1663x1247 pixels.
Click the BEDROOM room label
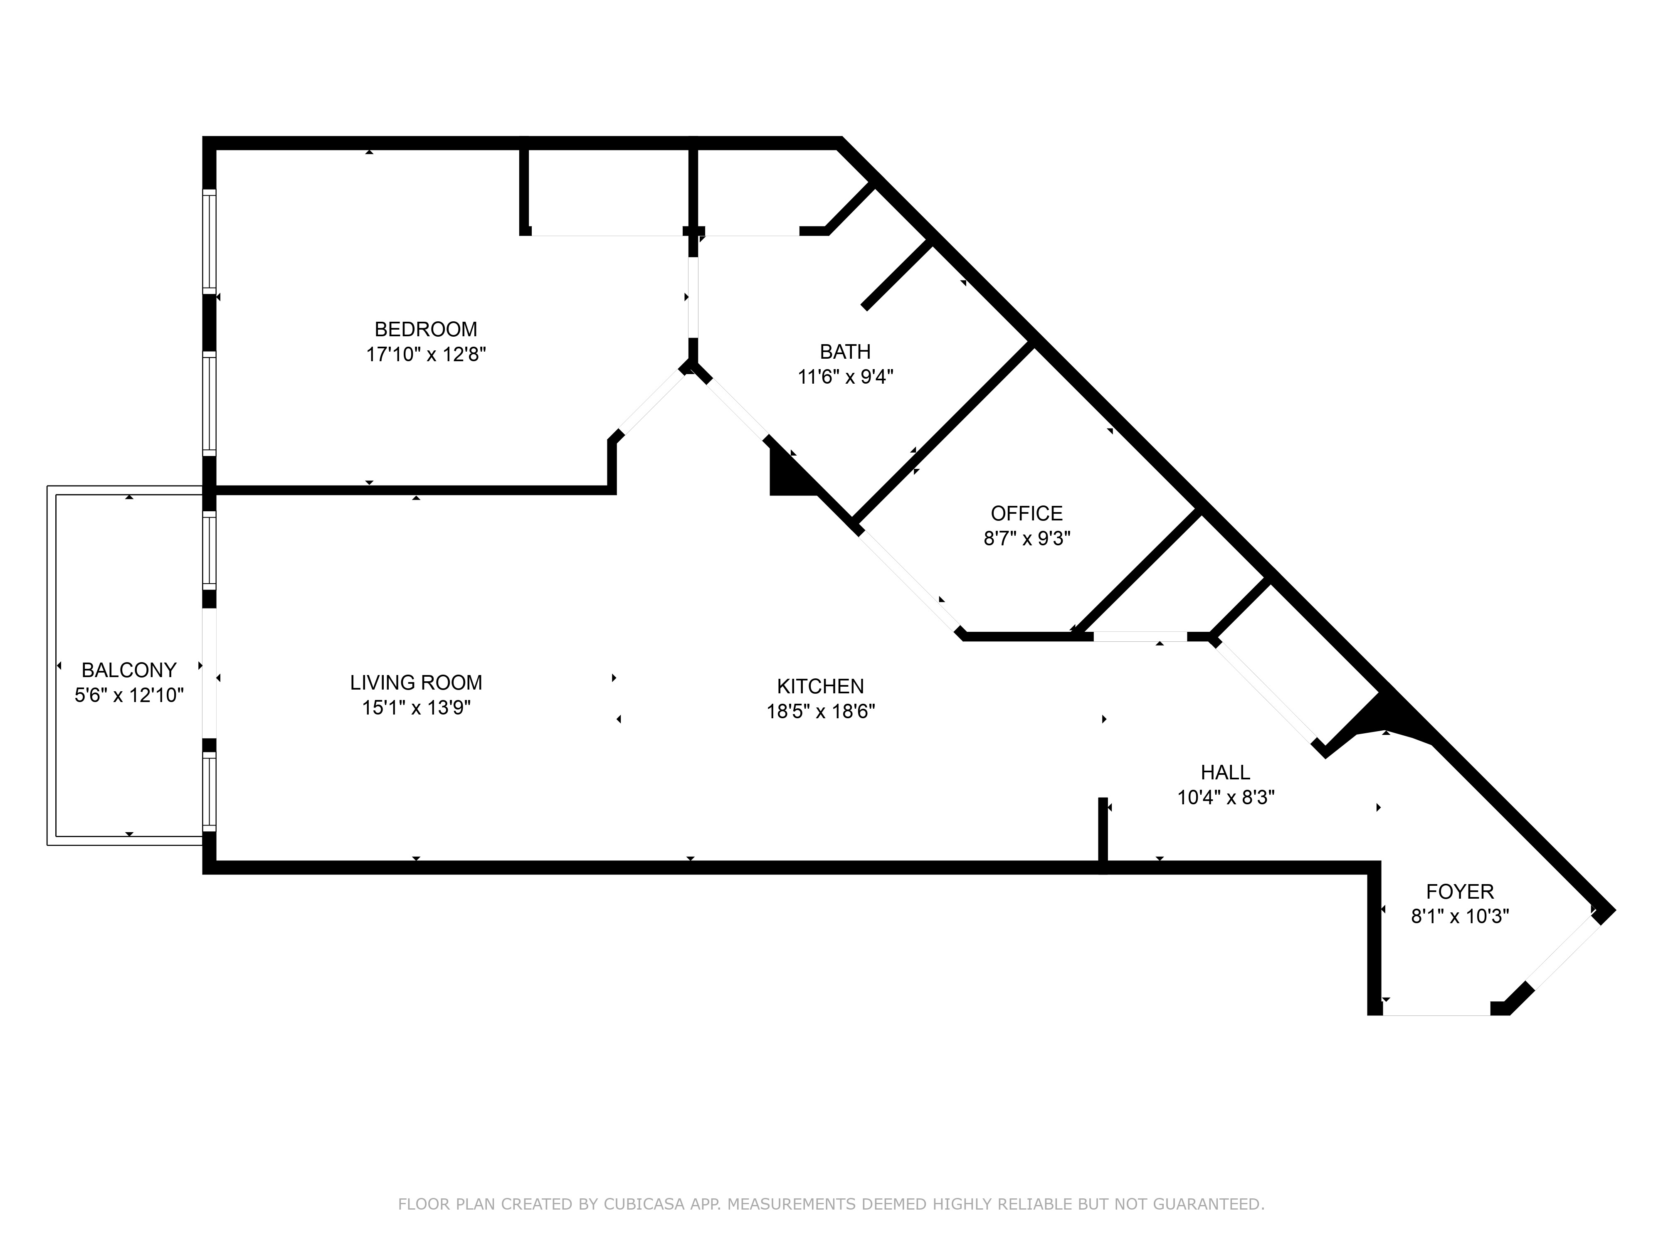(426, 329)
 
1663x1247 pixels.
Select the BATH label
(845, 352)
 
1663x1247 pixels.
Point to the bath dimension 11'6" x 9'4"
(845, 377)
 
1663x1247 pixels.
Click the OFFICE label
(1026, 513)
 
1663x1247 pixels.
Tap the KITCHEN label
(820, 686)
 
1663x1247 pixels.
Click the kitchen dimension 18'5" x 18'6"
(820, 711)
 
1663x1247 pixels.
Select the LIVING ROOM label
(416, 683)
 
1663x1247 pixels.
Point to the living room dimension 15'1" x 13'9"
(416, 707)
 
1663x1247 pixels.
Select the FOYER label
(1460, 892)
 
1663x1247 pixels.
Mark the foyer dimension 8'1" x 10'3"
(1460, 916)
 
